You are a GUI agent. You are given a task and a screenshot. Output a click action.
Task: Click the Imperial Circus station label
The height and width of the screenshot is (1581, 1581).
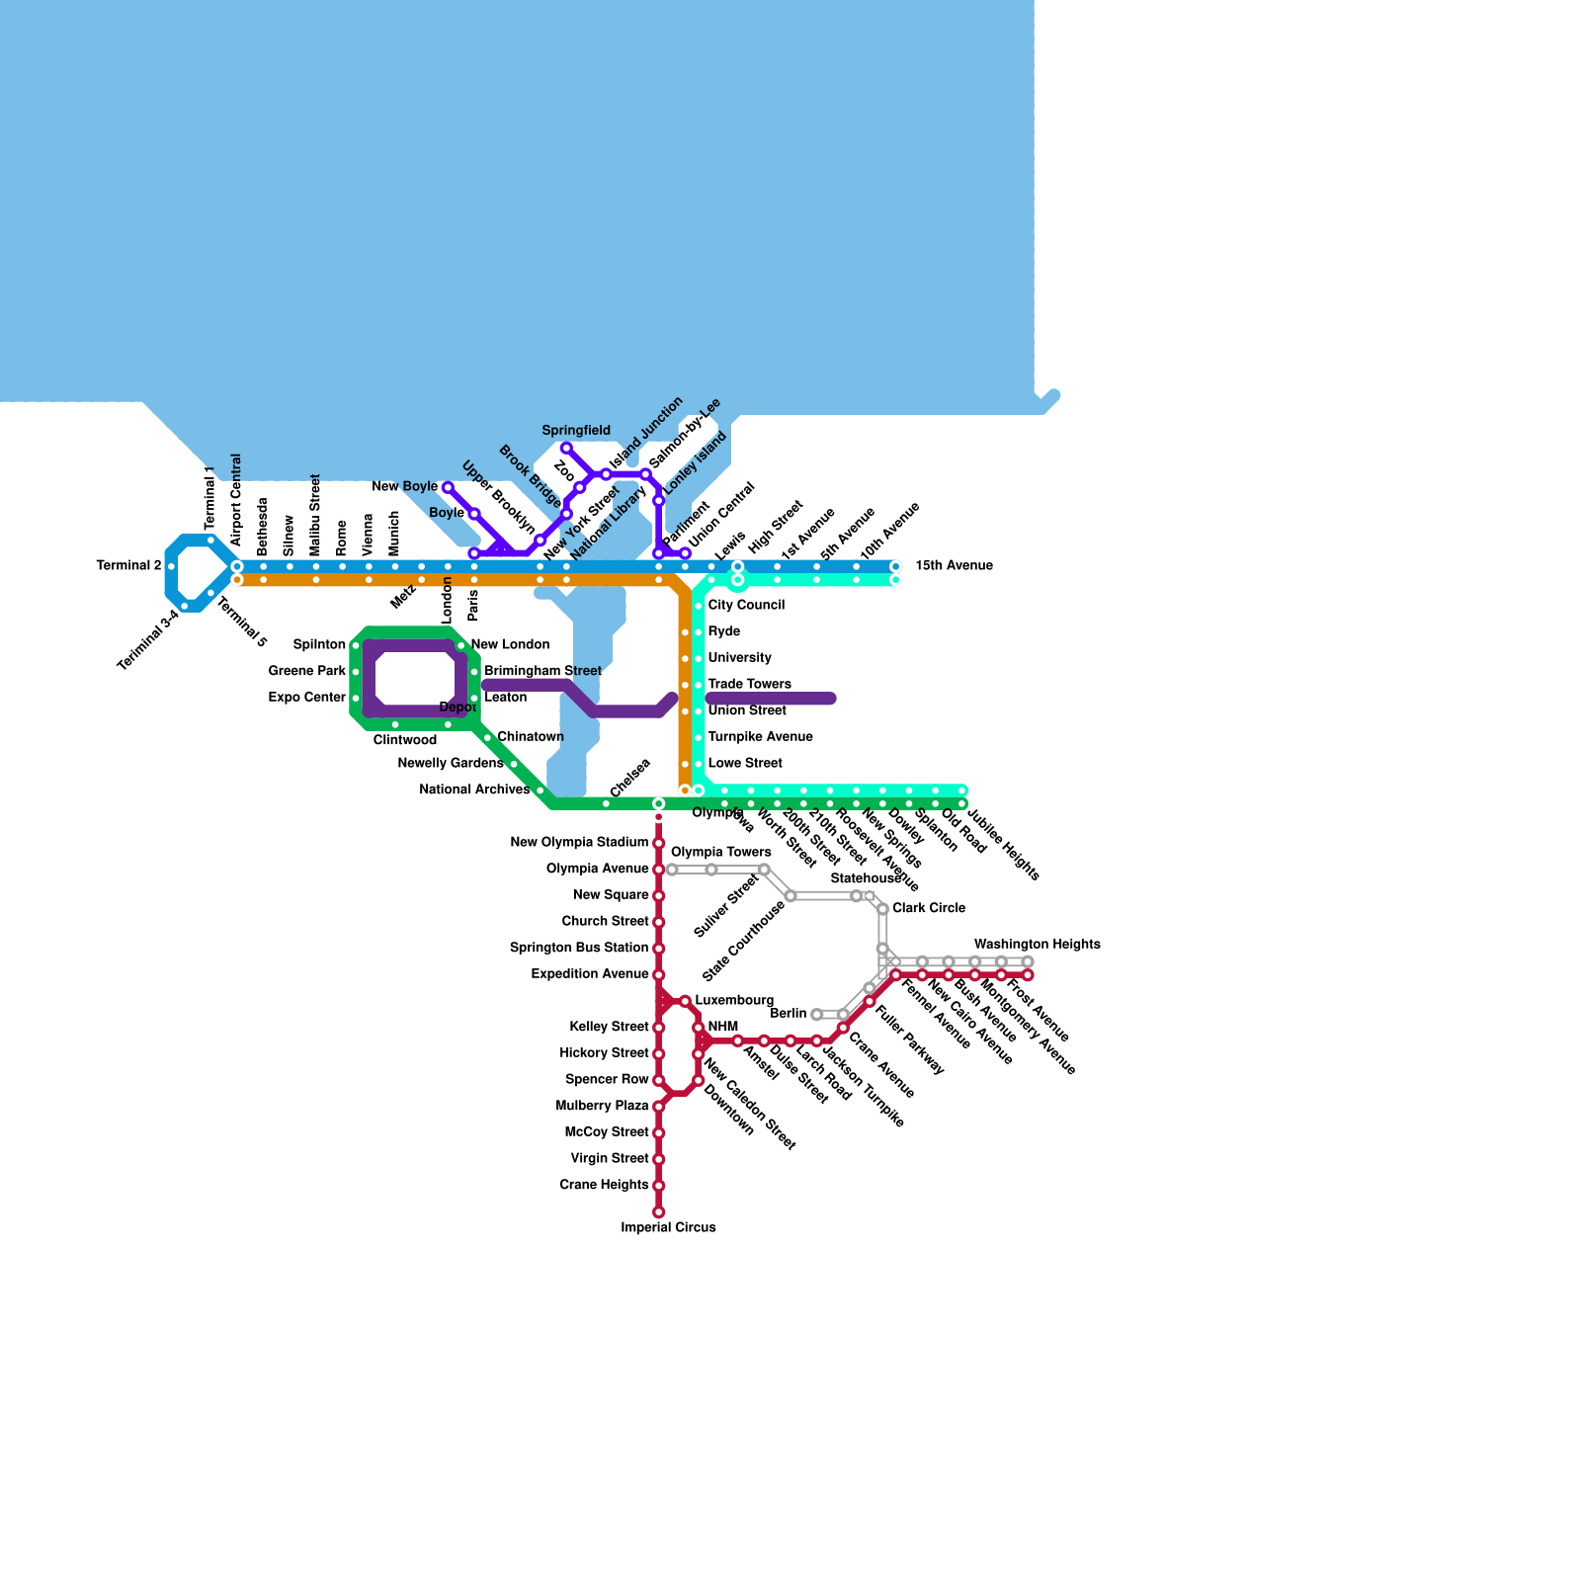pos(668,1227)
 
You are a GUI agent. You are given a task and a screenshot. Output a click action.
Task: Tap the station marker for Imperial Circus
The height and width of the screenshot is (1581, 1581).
pos(658,1211)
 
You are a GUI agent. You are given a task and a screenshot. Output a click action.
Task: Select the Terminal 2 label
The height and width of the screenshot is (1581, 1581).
pos(128,566)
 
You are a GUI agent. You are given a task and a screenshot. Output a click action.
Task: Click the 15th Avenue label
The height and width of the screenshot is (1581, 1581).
pos(954,566)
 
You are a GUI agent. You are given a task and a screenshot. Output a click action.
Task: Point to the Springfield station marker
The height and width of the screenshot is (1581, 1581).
pos(566,449)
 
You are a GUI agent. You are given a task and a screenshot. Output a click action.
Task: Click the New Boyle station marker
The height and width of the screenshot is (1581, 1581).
pos(448,488)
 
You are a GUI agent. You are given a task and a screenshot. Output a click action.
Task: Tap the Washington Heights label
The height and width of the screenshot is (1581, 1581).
pos(1037,945)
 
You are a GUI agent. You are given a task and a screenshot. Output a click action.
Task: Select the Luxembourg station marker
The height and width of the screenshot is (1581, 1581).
pos(685,1002)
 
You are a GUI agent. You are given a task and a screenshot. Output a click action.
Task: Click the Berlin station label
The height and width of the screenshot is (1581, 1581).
pos(789,1014)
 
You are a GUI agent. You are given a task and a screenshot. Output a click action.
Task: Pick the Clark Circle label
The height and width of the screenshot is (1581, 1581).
pos(929,908)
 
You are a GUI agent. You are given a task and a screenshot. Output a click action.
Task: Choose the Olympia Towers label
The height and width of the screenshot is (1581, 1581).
pos(721,852)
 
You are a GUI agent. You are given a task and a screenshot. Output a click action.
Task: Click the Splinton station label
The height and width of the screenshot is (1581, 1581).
pos(319,645)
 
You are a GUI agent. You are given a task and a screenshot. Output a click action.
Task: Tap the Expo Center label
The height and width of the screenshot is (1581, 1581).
pos(307,698)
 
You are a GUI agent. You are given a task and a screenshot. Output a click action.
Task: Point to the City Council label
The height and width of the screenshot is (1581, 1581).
pos(746,605)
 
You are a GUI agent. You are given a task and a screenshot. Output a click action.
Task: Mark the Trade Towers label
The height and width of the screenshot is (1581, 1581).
pos(749,684)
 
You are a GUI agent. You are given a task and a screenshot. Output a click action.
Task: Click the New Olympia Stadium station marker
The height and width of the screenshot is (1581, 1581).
pos(658,843)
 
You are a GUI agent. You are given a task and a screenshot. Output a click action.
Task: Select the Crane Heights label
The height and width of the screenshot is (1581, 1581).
pos(604,1185)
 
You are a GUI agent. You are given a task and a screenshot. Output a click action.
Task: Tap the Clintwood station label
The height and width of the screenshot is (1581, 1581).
pos(405,740)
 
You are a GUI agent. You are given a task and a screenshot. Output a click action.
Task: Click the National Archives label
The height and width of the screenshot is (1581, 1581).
pos(474,790)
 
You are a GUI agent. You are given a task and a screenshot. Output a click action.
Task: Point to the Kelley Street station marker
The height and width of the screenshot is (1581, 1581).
pos(658,1028)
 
